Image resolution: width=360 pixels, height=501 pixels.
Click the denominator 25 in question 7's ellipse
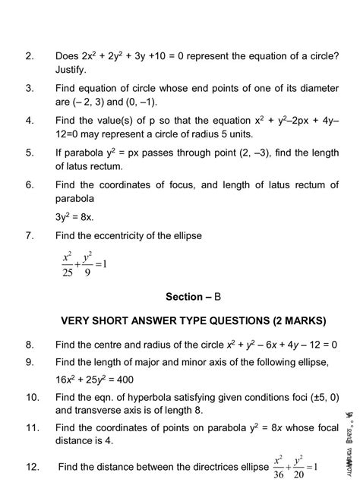click(67, 272)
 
